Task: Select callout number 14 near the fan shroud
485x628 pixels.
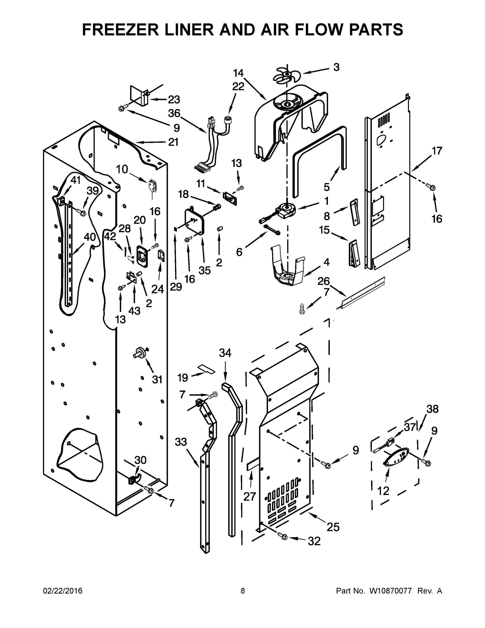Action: pyautogui.click(x=238, y=73)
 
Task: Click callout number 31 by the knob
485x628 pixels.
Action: pyautogui.click(x=157, y=380)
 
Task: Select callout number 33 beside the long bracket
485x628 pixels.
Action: pyautogui.click(x=181, y=442)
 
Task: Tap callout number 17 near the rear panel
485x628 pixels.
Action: pyautogui.click(x=437, y=151)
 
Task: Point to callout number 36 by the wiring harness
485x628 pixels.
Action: pyautogui.click(x=174, y=113)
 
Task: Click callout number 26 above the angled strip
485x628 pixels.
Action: pyautogui.click(x=323, y=281)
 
